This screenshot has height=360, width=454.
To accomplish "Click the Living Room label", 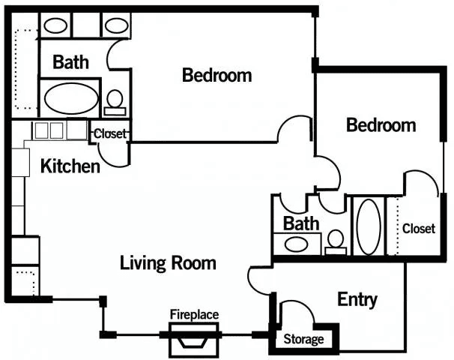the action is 168,263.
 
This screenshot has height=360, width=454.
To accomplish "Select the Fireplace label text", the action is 194,314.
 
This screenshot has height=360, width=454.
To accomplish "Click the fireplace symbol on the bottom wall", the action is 193,340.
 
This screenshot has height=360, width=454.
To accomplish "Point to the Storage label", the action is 303,339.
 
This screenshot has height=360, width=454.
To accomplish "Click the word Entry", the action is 357,299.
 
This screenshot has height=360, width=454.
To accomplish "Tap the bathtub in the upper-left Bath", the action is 71,98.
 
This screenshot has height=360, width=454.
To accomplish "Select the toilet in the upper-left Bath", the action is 115,103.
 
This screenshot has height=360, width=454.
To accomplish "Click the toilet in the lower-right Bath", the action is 336,242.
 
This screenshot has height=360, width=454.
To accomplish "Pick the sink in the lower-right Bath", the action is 296,244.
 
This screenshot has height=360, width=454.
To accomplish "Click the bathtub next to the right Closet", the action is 369,226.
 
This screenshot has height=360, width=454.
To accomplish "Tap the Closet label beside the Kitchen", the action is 110,133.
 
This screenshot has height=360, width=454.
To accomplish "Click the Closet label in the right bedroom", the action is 419,229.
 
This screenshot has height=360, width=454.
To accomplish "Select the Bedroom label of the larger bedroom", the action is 217,75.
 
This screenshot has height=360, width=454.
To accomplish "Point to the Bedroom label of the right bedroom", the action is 381,125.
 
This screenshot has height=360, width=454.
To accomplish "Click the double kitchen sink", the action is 49,130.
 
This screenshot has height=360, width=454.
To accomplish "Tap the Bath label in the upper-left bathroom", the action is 70,61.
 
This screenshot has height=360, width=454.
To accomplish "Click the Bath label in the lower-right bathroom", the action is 301,223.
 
